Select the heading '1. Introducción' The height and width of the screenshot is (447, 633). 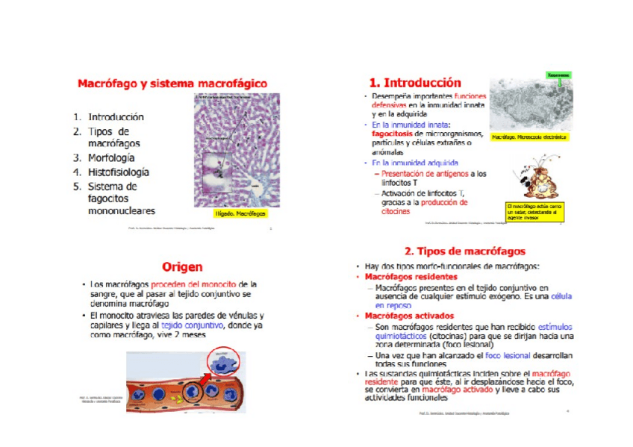click(x=415, y=83)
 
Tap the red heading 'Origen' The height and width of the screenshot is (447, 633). click(x=182, y=266)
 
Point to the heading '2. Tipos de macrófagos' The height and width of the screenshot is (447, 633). click(x=464, y=251)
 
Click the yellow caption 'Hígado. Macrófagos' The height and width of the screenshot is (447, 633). click(x=240, y=213)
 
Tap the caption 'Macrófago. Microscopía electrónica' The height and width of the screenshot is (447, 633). click(x=529, y=137)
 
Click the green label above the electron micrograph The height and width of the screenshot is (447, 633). click(x=559, y=75)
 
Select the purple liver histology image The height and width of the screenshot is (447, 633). click(x=237, y=149)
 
